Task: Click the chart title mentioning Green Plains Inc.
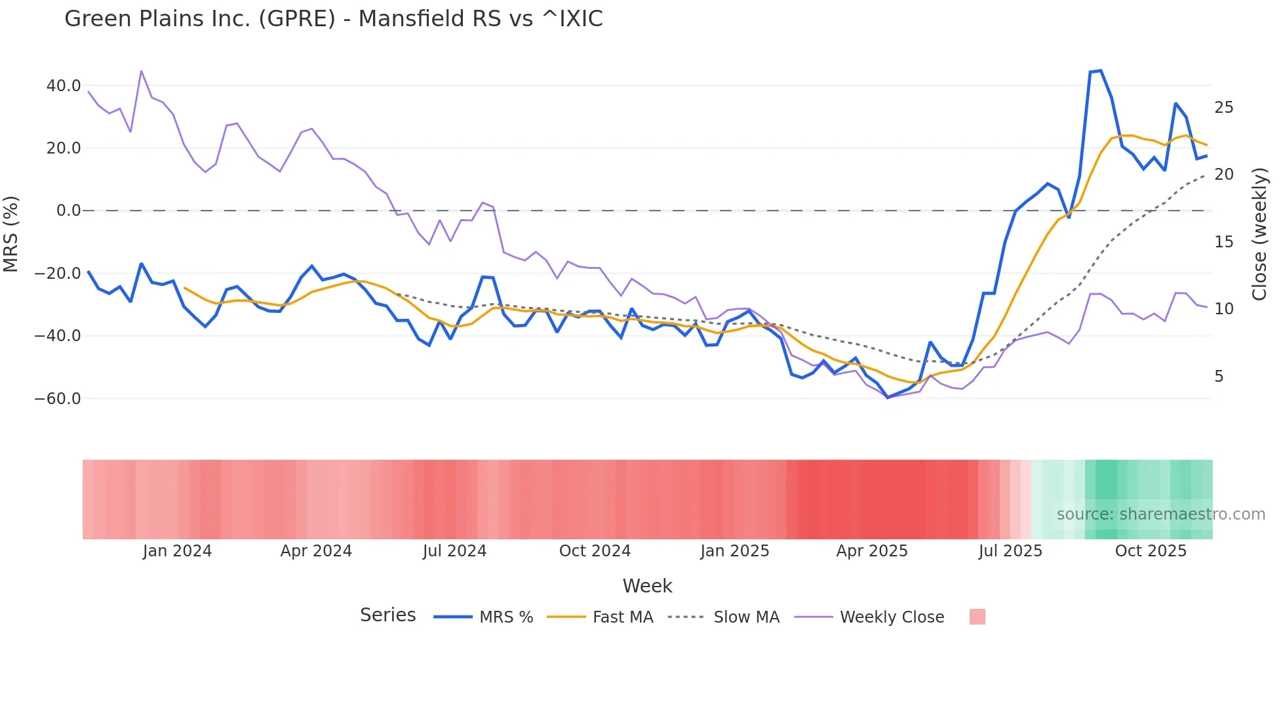[333, 19]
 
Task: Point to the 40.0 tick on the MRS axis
[64, 85]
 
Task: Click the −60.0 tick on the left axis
[58, 398]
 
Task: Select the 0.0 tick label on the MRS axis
[68, 211]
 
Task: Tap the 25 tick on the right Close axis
[1223, 108]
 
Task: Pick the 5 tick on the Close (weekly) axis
[1219, 377]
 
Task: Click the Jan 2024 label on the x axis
[177, 551]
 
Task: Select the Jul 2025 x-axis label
[1010, 551]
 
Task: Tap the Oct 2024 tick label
[595, 551]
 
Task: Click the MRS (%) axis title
[11, 234]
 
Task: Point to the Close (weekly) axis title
[1259, 234]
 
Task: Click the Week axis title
[647, 586]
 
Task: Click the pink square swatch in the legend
[977, 617]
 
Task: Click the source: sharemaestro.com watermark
[1160, 514]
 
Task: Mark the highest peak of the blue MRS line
[1101, 70]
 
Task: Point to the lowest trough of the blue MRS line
[888, 398]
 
